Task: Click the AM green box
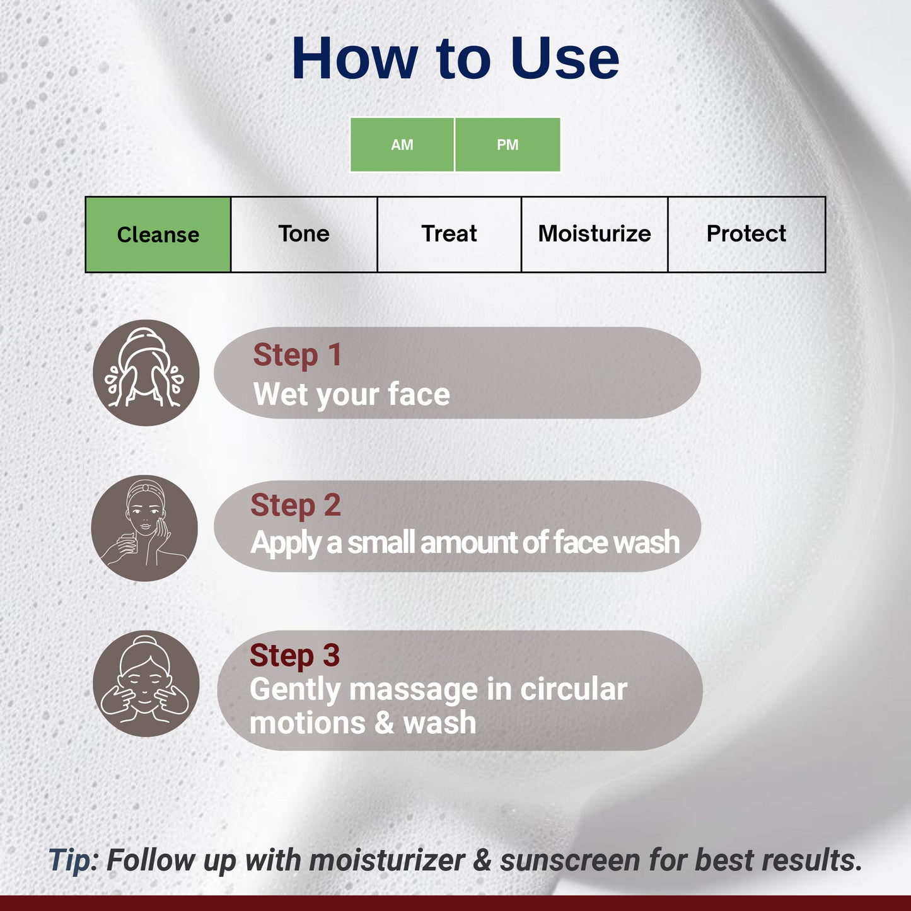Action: coord(402,144)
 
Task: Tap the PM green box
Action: coord(508,144)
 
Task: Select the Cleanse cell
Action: coord(158,235)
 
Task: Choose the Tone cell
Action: coord(304,235)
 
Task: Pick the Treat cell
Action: coord(449,235)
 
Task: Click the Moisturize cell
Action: coord(595,235)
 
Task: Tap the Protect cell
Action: coord(746,235)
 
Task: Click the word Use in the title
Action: coord(565,58)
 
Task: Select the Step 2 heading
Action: coord(296,506)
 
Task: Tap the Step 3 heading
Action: coord(294,656)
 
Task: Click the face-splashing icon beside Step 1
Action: coord(146,373)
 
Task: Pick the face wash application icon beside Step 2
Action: coord(144,528)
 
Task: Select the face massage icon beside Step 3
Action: coord(146,683)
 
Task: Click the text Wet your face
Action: coord(351,394)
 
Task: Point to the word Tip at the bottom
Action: coord(69,860)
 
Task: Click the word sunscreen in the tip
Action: coord(570,860)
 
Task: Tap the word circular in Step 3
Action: coord(574,690)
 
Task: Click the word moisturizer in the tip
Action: coord(387,860)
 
